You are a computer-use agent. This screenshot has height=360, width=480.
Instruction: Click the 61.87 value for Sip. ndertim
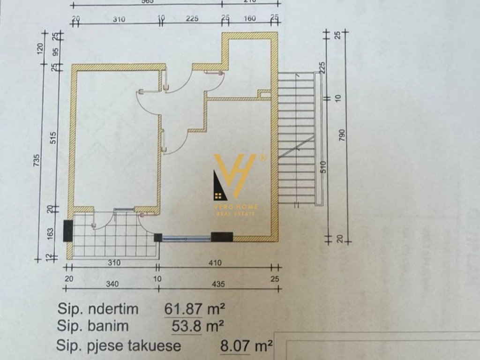tap(184, 309)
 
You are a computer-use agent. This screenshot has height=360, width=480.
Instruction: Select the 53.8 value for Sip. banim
tap(187, 326)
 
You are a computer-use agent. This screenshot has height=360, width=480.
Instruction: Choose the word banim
tap(108, 326)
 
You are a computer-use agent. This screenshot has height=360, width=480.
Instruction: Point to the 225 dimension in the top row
tap(192, 19)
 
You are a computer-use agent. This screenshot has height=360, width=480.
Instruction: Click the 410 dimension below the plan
tap(215, 263)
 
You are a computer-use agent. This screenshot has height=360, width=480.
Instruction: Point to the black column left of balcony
tap(68, 231)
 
